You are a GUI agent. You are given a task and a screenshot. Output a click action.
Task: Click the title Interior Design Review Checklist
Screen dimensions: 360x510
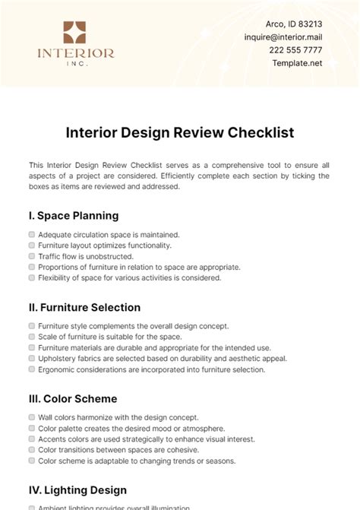coord(180,132)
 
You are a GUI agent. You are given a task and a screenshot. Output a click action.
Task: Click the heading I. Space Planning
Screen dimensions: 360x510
coord(73,215)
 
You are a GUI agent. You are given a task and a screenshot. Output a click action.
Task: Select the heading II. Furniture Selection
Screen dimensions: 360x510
coord(84,307)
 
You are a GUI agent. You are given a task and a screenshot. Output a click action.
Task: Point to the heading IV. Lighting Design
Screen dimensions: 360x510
coord(77,490)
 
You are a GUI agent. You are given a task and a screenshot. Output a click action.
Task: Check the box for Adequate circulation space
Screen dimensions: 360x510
coord(32,235)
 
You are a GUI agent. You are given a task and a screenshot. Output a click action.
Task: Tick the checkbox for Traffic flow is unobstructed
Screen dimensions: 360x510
coord(32,256)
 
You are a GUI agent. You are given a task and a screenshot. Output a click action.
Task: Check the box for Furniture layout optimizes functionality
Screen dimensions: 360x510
coord(32,245)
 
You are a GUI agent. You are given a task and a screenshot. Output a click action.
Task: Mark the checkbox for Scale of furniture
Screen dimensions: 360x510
coord(32,337)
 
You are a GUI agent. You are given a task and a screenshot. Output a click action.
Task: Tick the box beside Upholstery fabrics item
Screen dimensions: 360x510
coord(32,358)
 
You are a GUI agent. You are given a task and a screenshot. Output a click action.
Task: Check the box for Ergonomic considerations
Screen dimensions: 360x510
coord(32,369)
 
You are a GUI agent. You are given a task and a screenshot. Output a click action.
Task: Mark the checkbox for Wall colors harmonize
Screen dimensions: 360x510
coord(32,417)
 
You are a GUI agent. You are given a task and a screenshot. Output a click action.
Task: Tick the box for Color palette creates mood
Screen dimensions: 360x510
coord(32,428)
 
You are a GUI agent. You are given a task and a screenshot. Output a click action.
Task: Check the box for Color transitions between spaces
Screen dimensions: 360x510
coord(32,450)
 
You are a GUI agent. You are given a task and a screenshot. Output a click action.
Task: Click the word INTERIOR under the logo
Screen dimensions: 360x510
coord(75,54)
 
